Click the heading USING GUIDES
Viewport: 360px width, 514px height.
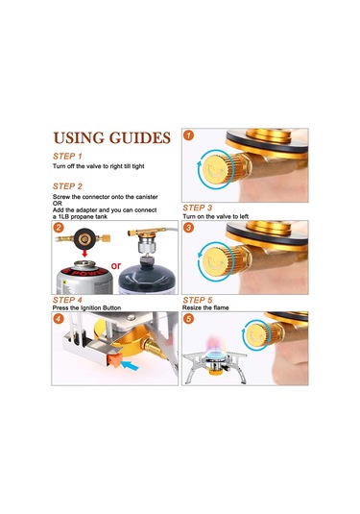112,138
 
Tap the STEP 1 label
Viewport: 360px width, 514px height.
67,156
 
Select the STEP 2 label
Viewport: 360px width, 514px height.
67,186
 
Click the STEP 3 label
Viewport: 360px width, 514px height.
197,208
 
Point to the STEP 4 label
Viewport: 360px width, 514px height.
67,300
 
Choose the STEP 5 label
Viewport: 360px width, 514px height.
198,300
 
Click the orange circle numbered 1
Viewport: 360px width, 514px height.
188,135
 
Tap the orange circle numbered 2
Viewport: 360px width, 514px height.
59,227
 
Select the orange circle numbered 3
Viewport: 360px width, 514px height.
188,227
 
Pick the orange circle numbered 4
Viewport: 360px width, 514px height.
59,318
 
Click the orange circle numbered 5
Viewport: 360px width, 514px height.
188,318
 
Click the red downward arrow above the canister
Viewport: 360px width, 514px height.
84,253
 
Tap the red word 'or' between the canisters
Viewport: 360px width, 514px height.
116,265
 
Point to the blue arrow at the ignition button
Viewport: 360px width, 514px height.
130,365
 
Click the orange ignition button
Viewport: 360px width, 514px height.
114,360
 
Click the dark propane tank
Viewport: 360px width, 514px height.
145,278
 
